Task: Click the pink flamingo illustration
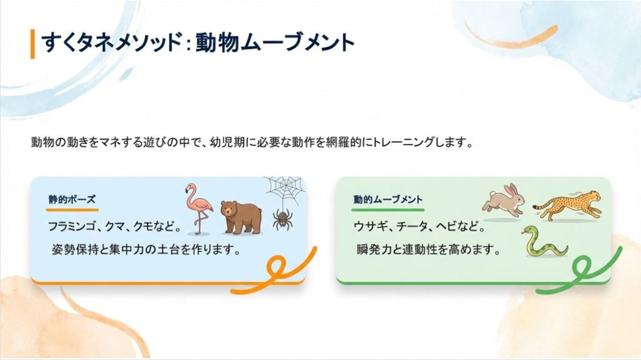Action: click(198, 208)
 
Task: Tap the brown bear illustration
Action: click(241, 217)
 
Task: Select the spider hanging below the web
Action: click(282, 219)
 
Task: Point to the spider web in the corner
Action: click(285, 189)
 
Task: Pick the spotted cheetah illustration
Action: click(567, 205)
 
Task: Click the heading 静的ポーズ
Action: click(72, 200)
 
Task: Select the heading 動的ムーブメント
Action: click(388, 200)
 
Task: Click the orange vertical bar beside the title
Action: click(33, 44)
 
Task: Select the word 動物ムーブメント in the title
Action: click(275, 43)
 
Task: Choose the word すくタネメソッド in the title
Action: click(111, 43)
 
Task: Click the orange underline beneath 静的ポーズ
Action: click(73, 210)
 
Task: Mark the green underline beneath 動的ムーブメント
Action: click(387, 210)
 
